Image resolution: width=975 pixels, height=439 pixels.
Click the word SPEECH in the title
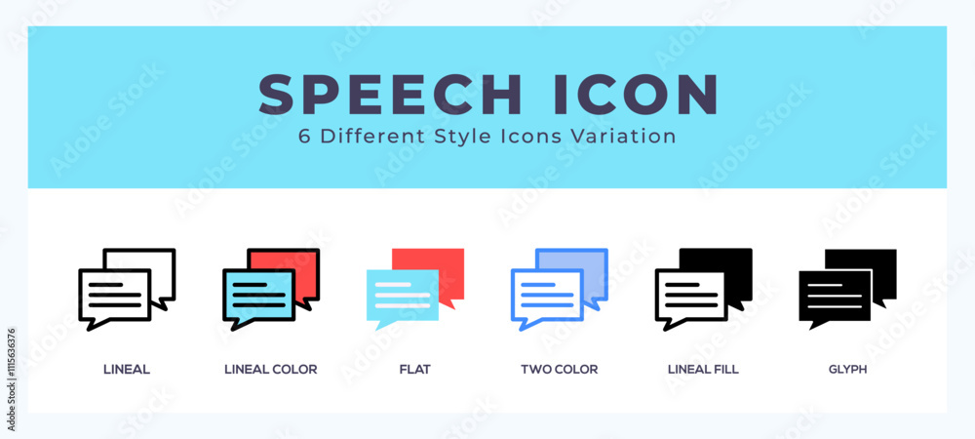(x=390, y=95)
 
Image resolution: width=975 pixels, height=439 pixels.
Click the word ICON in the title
(x=636, y=95)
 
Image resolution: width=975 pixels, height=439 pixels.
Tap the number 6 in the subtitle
(x=304, y=137)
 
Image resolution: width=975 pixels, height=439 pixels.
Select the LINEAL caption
(x=126, y=370)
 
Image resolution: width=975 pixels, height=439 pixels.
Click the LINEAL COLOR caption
(x=270, y=370)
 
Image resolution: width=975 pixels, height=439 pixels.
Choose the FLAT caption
(x=414, y=370)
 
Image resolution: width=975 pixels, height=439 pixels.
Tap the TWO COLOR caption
(x=559, y=370)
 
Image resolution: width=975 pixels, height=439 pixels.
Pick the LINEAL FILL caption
(x=703, y=370)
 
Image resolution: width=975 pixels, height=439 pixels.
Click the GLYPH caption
(x=847, y=370)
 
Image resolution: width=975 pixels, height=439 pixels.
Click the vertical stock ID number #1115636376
(x=12, y=379)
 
